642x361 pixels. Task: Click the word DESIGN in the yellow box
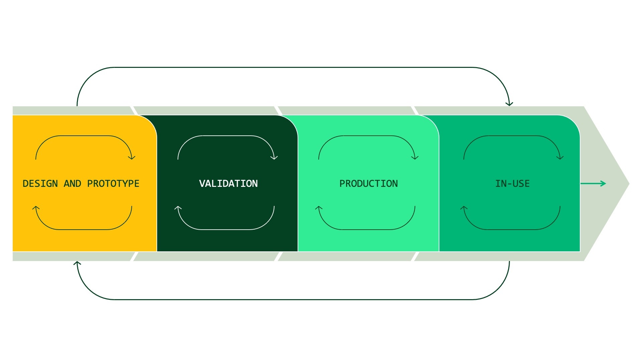(x=40, y=184)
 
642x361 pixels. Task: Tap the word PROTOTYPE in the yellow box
(x=113, y=184)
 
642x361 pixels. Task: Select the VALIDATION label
(x=228, y=184)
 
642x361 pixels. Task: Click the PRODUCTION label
(x=368, y=184)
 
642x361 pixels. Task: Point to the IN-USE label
(x=512, y=184)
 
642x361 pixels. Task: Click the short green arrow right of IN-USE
(x=593, y=184)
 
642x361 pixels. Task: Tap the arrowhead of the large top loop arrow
(x=509, y=104)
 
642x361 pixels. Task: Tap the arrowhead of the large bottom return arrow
(x=77, y=263)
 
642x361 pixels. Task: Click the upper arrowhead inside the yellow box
(x=132, y=157)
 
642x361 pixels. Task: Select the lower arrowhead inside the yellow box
(x=36, y=208)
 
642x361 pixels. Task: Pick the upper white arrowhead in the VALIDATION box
(x=274, y=157)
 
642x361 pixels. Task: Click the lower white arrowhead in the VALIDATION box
(x=178, y=208)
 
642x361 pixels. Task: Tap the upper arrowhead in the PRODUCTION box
(x=415, y=157)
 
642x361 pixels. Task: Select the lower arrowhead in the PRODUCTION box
(x=319, y=208)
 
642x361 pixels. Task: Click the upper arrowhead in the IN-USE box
(x=560, y=157)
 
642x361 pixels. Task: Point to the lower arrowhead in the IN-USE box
(x=464, y=208)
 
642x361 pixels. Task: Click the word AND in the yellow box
(x=73, y=184)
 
